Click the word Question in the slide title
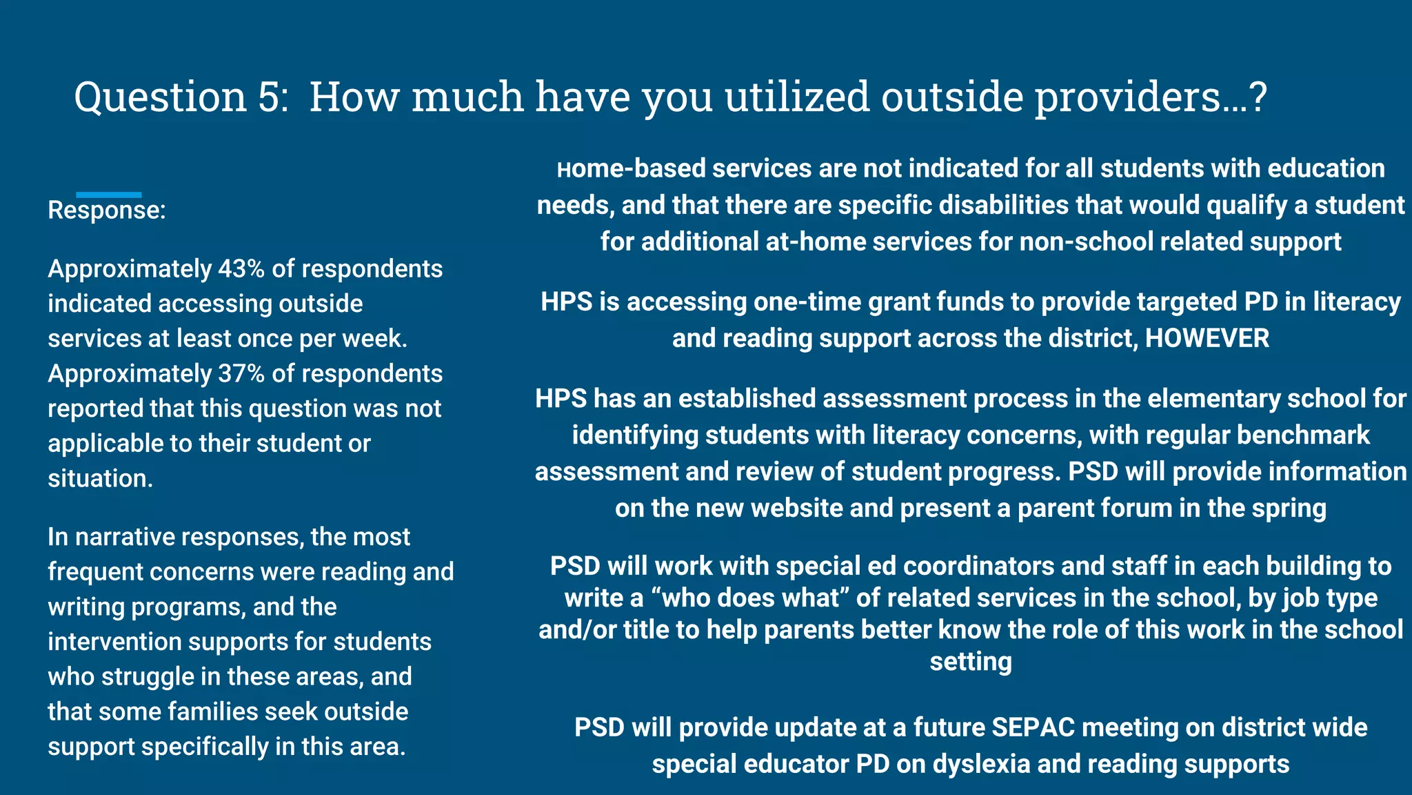[x=160, y=97]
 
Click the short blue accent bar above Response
[x=108, y=195]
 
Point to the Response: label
[x=107, y=210]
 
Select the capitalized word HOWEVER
[x=1207, y=339]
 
